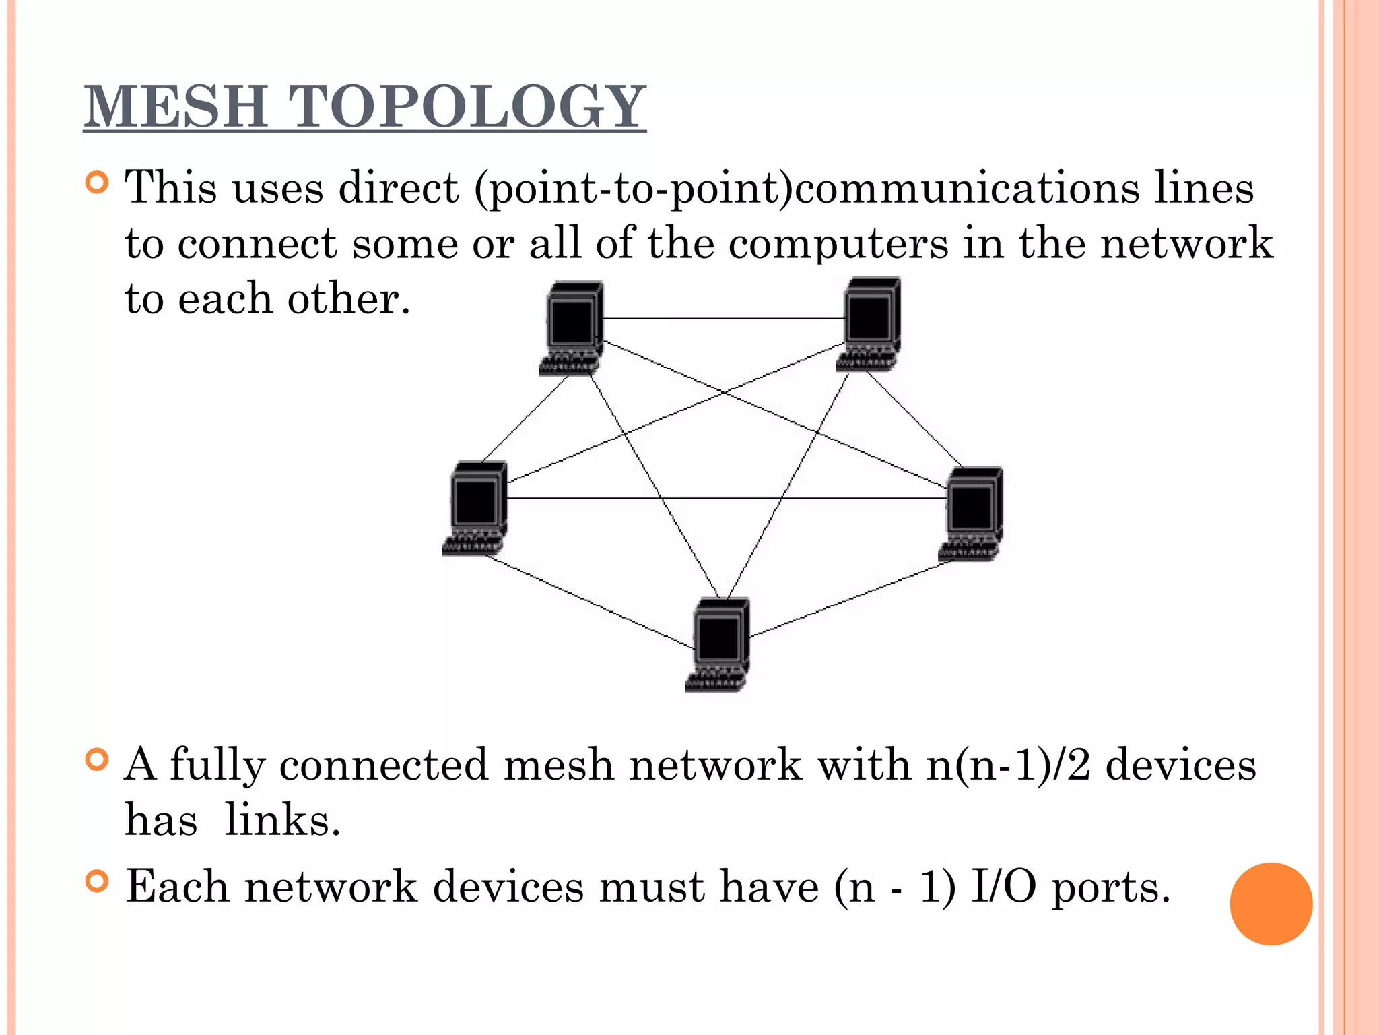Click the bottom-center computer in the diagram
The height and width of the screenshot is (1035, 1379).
(x=718, y=644)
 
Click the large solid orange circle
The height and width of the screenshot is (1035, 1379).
(x=1271, y=904)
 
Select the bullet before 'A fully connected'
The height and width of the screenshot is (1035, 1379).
(x=98, y=760)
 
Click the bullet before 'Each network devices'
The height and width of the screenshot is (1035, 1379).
(x=98, y=881)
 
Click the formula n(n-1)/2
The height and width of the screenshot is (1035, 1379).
(x=1008, y=765)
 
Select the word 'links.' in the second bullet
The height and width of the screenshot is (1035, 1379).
(x=282, y=821)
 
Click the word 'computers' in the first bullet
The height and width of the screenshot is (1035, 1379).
(x=838, y=244)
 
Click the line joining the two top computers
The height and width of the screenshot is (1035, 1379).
(x=724, y=318)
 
